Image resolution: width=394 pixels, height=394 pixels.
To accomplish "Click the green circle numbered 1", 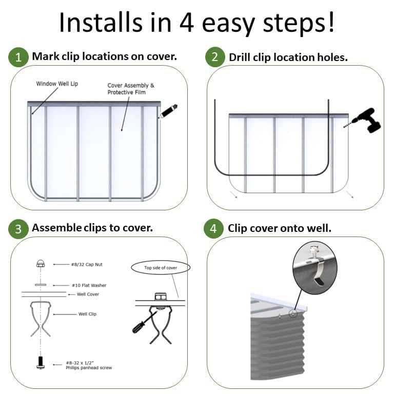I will [x=18, y=57].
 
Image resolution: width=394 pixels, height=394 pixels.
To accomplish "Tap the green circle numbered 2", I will [x=214, y=57].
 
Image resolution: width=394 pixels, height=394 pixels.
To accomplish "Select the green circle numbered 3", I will [x=18, y=229].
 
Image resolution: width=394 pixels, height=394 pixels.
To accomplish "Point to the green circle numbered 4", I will [x=214, y=229].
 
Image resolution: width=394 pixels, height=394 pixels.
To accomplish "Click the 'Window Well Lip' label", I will [x=57, y=84].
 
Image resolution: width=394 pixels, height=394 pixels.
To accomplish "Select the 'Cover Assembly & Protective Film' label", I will [x=130, y=89].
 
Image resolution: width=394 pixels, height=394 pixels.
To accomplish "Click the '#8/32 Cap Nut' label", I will [x=87, y=265].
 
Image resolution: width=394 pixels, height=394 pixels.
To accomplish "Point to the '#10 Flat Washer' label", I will [x=89, y=285].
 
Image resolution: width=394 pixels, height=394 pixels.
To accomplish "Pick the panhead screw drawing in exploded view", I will [x=41, y=362].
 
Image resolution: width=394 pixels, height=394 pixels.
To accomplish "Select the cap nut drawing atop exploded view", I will [x=41, y=264].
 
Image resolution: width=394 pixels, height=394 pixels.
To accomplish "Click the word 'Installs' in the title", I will [x=100, y=23].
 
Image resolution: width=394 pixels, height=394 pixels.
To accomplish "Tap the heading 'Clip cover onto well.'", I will [x=280, y=228].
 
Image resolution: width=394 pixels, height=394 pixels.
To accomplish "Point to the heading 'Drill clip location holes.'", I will [x=288, y=57].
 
